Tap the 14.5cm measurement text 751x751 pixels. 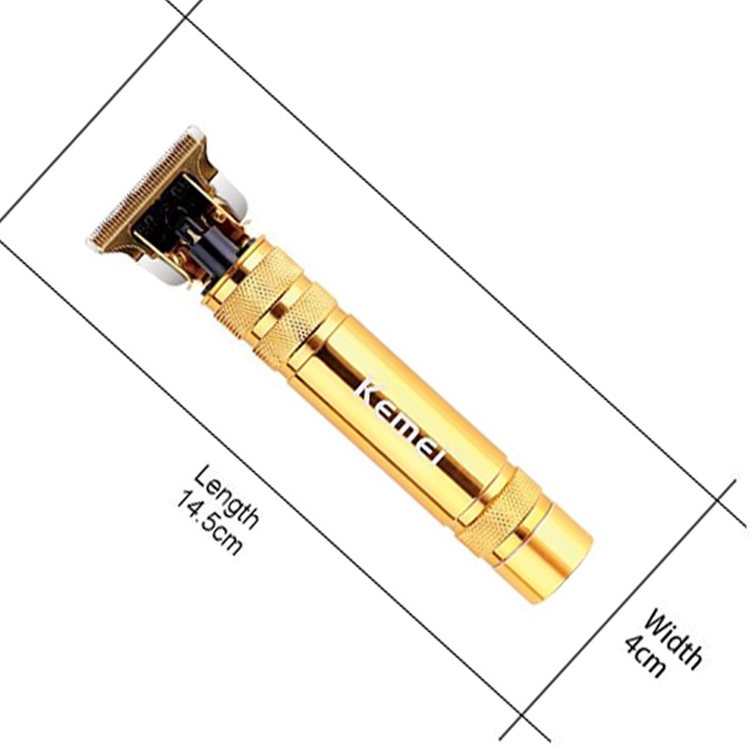pos(207,522)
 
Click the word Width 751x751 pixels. pos(672,638)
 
